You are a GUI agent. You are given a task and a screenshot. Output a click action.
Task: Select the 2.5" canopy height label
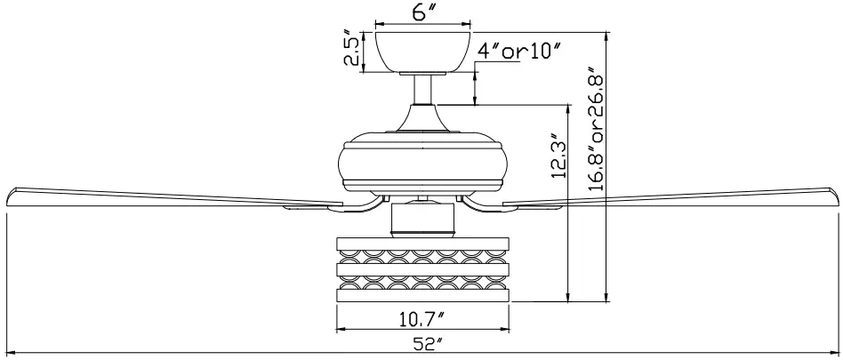[x=354, y=52]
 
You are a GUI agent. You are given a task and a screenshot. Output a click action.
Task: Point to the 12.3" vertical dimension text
[x=556, y=156]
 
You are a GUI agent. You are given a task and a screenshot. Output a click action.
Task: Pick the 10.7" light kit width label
[x=422, y=316]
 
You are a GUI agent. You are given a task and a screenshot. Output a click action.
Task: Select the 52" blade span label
[x=422, y=344]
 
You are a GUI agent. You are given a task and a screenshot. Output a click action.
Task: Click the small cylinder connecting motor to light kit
[x=422, y=218]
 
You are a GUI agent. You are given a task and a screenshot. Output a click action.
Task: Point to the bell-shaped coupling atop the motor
[x=422, y=116]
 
